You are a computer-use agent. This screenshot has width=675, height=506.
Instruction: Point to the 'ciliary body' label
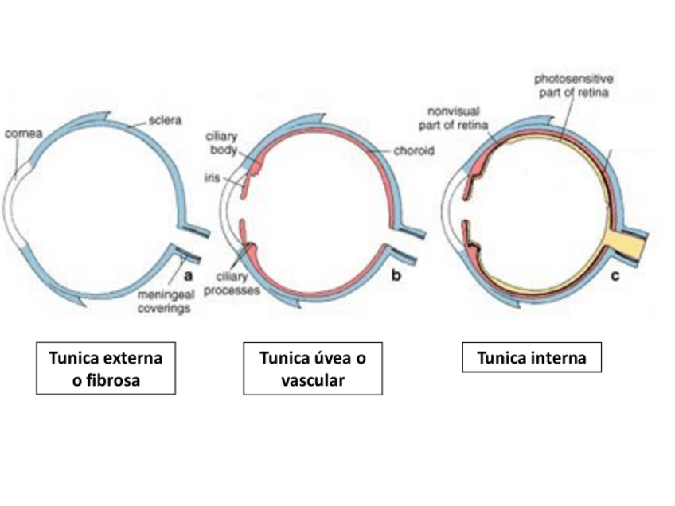[x=223, y=143]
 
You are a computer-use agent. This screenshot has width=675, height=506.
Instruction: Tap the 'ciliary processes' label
[x=232, y=284]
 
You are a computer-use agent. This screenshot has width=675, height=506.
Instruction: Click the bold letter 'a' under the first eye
[x=189, y=275]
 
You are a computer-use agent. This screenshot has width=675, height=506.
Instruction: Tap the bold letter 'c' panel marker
[x=614, y=275]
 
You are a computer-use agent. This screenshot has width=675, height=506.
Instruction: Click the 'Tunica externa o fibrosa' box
[x=105, y=368]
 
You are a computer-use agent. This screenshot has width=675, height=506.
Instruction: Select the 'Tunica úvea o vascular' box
[x=313, y=368]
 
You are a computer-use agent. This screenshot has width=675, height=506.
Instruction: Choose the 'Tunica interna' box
[x=531, y=358]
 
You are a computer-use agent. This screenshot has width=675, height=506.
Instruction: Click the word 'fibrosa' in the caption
[x=105, y=380]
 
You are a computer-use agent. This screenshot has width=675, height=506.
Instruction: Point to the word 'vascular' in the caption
[x=313, y=380]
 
